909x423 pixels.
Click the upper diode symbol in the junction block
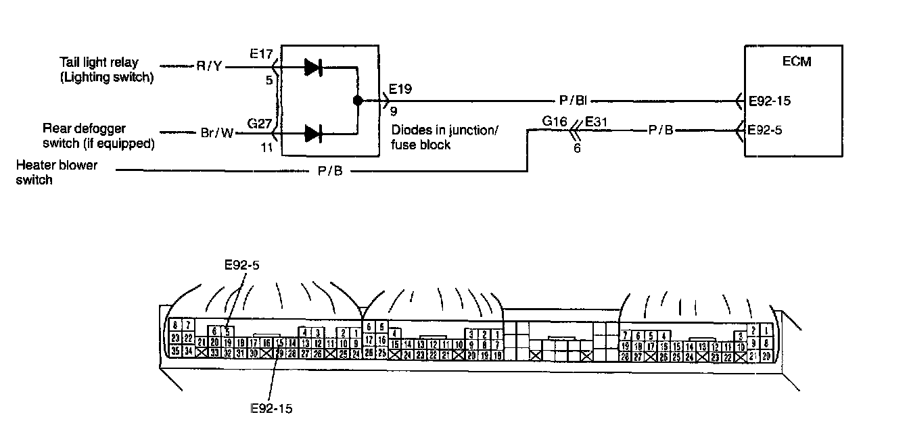[312, 67]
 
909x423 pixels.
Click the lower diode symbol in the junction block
[312, 133]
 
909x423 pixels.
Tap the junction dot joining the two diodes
[357, 101]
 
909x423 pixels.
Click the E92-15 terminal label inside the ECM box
[770, 101]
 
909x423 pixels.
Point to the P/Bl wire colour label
[572, 101]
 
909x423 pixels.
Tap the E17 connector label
[260, 53]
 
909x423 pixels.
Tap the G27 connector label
[260, 123]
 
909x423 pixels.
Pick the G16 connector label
[555, 122]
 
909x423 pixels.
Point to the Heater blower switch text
[57, 172]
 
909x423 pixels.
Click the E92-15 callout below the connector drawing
[271, 408]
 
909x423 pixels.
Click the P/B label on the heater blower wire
[330, 172]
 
